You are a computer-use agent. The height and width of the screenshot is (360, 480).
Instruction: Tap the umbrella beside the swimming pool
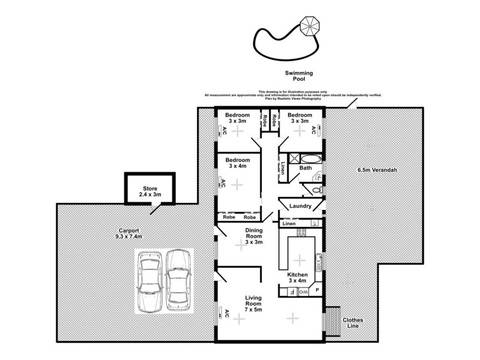310,26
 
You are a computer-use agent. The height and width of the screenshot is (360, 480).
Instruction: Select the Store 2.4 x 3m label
149,191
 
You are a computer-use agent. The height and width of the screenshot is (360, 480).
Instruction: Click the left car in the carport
148,280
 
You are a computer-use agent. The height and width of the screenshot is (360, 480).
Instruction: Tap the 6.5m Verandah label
377,170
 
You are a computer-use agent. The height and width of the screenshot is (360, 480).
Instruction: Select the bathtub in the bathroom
310,160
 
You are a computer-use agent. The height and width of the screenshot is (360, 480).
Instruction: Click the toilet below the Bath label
316,190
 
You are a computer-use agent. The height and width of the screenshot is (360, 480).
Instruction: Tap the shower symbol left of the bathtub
294,159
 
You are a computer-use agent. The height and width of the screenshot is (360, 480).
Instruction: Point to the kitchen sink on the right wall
319,260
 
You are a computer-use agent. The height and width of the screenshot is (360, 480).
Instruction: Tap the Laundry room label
300,206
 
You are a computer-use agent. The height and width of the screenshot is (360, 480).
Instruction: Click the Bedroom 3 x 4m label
238,164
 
